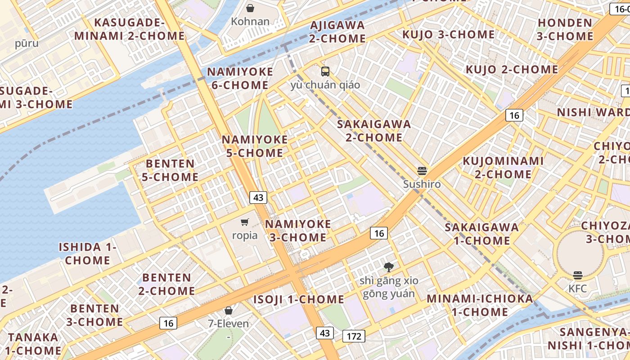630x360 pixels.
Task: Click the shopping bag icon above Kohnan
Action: pyautogui.click(x=250, y=8)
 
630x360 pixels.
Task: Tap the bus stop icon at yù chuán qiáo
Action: pyautogui.click(x=325, y=71)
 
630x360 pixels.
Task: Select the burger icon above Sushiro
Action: pyautogui.click(x=422, y=171)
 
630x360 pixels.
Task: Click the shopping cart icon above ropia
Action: pyautogui.click(x=244, y=222)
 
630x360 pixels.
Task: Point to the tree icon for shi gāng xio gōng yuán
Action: pyautogui.click(x=389, y=267)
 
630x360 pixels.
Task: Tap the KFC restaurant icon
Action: pyautogui.click(x=578, y=275)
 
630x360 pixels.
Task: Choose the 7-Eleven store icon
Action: pyautogui.click(x=229, y=310)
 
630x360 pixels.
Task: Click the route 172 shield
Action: pyautogui.click(x=354, y=336)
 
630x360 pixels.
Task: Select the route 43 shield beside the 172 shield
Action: pyautogui.click(x=325, y=333)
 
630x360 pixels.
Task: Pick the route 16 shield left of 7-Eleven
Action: pyautogui.click(x=168, y=323)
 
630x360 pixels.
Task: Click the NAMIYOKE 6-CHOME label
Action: pyautogui.click(x=240, y=78)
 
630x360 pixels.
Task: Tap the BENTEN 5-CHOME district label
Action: pyautogui.click(x=170, y=170)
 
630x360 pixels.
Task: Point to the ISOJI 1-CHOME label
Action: pyautogui.click(x=298, y=299)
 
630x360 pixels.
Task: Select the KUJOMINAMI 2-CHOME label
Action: pyautogui.click(x=503, y=167)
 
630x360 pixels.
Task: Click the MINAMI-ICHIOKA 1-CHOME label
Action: pyautogui.click(x=480, y=305)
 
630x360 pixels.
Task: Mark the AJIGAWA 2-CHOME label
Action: pyautogui.click(x=337, y=31)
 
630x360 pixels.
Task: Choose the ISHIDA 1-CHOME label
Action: pyautogui.click(x=88, y=253)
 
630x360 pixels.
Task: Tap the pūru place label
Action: pyautogui.click(x=27, y=44)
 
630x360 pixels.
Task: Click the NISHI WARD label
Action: pyautogui.click(x=593, y=112)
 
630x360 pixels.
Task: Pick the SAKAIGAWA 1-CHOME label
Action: pyautogui.click(x=481, y=234)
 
